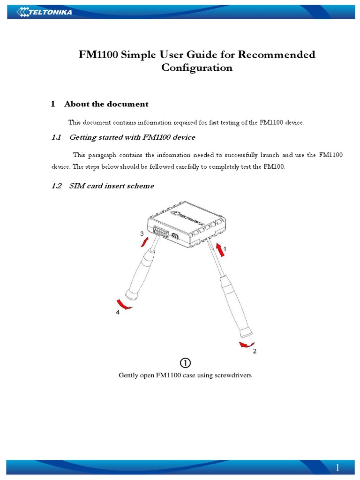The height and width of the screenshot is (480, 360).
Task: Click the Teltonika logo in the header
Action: pos(45,12)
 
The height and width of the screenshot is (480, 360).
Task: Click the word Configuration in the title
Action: pos(196,67)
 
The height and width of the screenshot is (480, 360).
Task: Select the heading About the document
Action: pos(106,104)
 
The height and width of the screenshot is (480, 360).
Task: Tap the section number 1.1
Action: pos(56,137)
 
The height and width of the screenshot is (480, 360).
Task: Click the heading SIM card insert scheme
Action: pos(111,186)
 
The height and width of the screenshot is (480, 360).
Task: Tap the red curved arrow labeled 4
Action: pos(123,304)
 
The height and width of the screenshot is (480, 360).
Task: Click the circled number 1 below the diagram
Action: pos(185,363)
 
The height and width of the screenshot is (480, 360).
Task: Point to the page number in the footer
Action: pos(337,468)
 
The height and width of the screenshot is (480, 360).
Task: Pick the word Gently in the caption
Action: pos(129,375)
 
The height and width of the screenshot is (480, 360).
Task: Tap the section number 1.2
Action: pos(56,186)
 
